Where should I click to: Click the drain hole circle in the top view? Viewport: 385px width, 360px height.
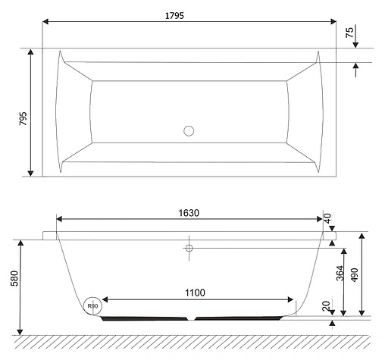pos(189,130)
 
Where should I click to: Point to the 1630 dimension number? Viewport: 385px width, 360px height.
pos(189,213)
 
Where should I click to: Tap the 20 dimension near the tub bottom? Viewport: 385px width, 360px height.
pos(327,305)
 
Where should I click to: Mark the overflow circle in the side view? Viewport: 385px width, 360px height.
pos(189,247)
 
